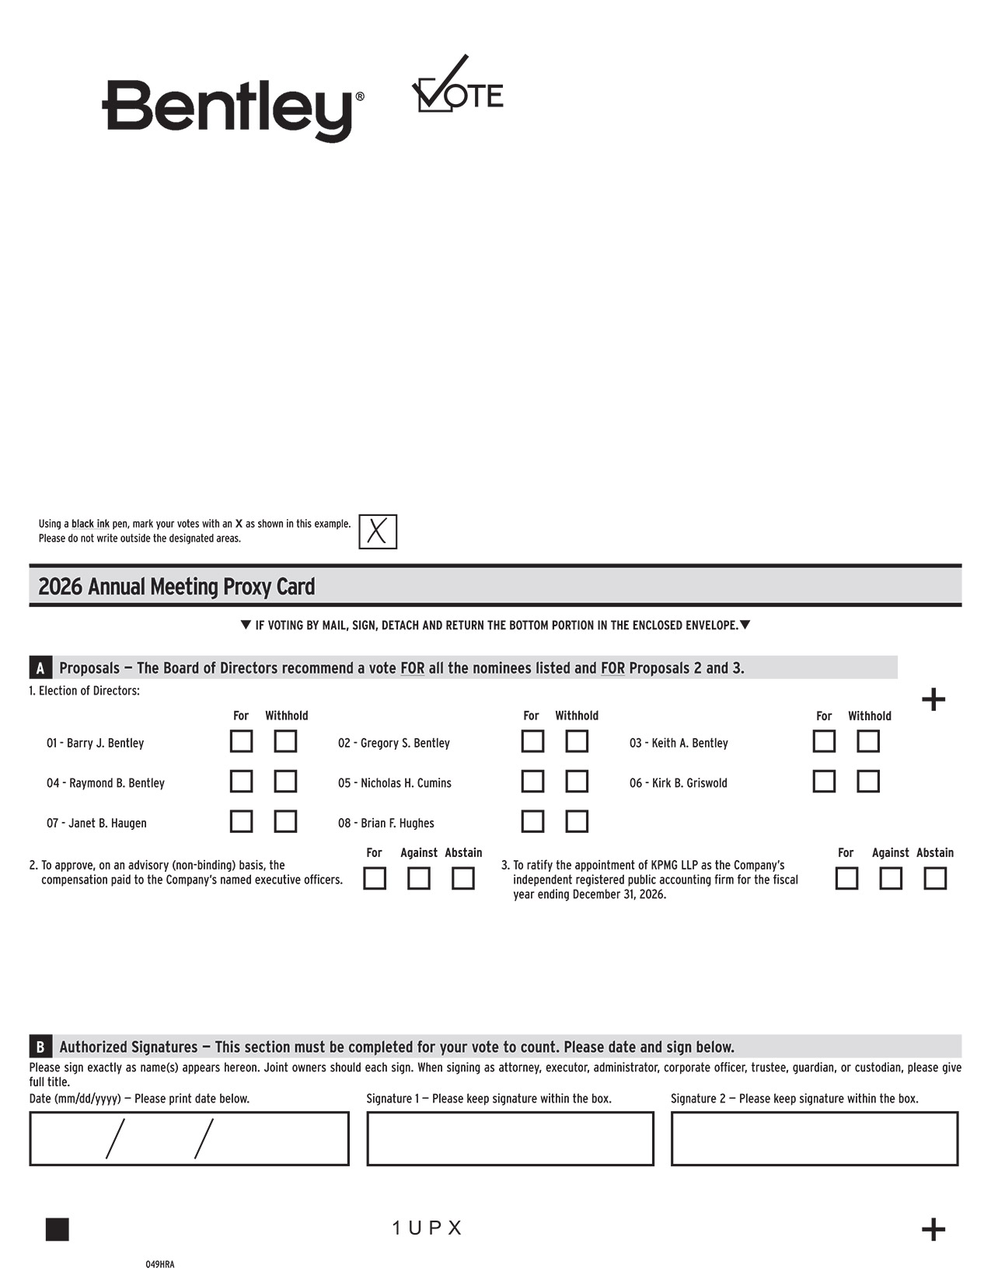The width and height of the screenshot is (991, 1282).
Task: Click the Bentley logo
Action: click(x=232, y=109)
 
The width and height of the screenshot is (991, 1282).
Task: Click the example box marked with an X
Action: click(x=378, y=532)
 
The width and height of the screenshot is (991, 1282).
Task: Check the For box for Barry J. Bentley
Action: click(x=241, y=741)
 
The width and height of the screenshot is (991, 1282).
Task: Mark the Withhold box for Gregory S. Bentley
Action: click(x=577, y=741)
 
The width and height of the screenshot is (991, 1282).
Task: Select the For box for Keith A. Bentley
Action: click(x=824, y=741)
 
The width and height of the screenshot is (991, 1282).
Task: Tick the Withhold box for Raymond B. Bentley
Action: click(x=285, y=781)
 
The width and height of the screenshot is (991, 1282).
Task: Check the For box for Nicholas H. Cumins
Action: click(x=532, y=781)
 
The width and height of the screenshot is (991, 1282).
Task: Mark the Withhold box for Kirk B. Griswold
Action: click(x=868, y=781)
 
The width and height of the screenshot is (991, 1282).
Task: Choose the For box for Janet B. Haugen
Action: click(x=241, y=821)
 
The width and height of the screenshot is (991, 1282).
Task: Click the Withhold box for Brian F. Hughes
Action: click(x=577, y=821)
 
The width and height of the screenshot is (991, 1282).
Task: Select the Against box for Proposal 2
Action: click(x=419, y=879)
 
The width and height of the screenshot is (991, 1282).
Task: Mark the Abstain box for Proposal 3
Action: click(x=935, y=879)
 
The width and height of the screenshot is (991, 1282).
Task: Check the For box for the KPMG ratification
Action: click(x=846, y=879)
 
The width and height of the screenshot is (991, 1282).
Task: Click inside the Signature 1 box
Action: click(x=510, y=1139)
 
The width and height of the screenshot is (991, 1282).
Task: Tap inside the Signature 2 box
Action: click(x=815, y=1139)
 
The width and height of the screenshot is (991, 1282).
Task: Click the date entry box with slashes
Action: click(x=189, y=1139)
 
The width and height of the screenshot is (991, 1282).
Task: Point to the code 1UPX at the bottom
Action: click(x=427, y=1228)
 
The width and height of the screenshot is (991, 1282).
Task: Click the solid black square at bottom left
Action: click(x=58, y=1230)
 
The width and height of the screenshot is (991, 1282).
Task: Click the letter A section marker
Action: click(x=40, y=668)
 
